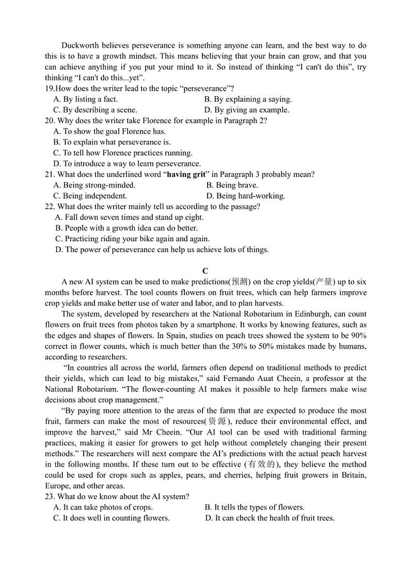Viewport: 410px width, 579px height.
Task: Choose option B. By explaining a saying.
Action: [247, 99]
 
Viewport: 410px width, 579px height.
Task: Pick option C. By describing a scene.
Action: [95, 110]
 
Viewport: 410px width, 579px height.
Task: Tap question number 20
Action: [50, 121]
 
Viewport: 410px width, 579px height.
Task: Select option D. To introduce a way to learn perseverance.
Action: [127, 163]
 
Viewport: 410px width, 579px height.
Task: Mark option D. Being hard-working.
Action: [245, 196]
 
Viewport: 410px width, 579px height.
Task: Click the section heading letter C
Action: [206, 271]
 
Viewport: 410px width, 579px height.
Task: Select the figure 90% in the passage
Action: [357, 336]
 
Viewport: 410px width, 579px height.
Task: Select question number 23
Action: [50, 497]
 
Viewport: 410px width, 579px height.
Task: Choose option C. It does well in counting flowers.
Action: [112, 518]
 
